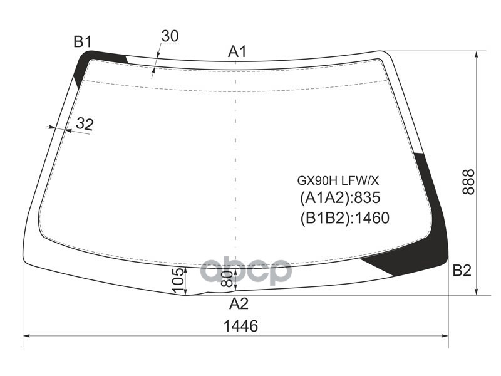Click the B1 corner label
click(x=83, y=42)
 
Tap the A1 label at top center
click(x=237, y=52)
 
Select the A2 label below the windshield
click(x=238, y=304)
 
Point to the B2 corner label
click(x=462, y=271)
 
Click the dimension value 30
click(x=170, y=36)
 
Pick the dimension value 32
click(x=84, y=124)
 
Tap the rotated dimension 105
click(x=178, y=280)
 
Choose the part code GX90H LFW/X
click(x=338, y=180)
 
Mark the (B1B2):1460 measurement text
click(x=344, y=218)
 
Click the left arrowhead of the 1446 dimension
click(x=26, y=337)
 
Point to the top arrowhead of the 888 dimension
click(x=478, y=54)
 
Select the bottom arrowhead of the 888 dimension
click(x=478, y=291)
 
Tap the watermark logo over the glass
click(x=245, y=271)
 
